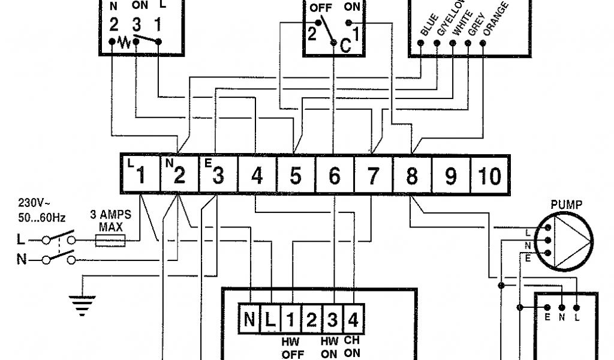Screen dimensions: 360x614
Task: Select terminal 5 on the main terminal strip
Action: pos(296,176)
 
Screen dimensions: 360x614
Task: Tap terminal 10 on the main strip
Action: pos(489,176)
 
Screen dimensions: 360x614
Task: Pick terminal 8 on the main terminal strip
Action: pos(412,176)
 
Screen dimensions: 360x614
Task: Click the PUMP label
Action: pos(566,205)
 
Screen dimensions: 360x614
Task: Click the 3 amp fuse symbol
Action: pos(110,241)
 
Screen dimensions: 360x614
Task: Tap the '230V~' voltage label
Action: pos(34,202)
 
